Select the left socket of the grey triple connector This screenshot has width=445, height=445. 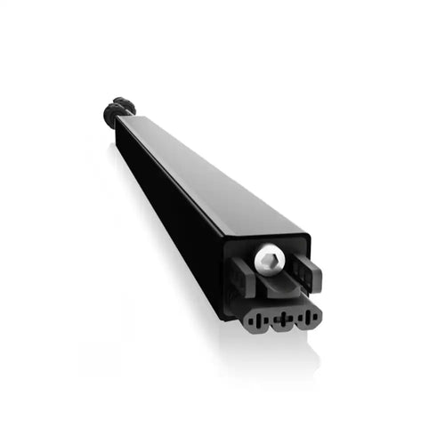tap(256, 318)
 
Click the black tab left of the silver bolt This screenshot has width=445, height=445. tap(243, 274)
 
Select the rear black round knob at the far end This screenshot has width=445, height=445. tap(124, 105)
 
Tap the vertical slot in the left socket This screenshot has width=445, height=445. tap(256, 319)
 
